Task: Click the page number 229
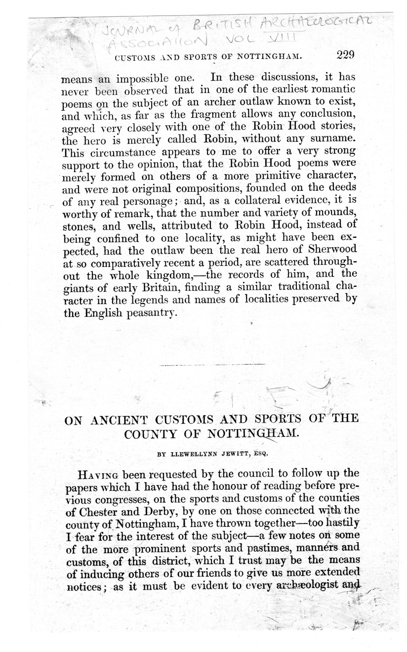[339, 55]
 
